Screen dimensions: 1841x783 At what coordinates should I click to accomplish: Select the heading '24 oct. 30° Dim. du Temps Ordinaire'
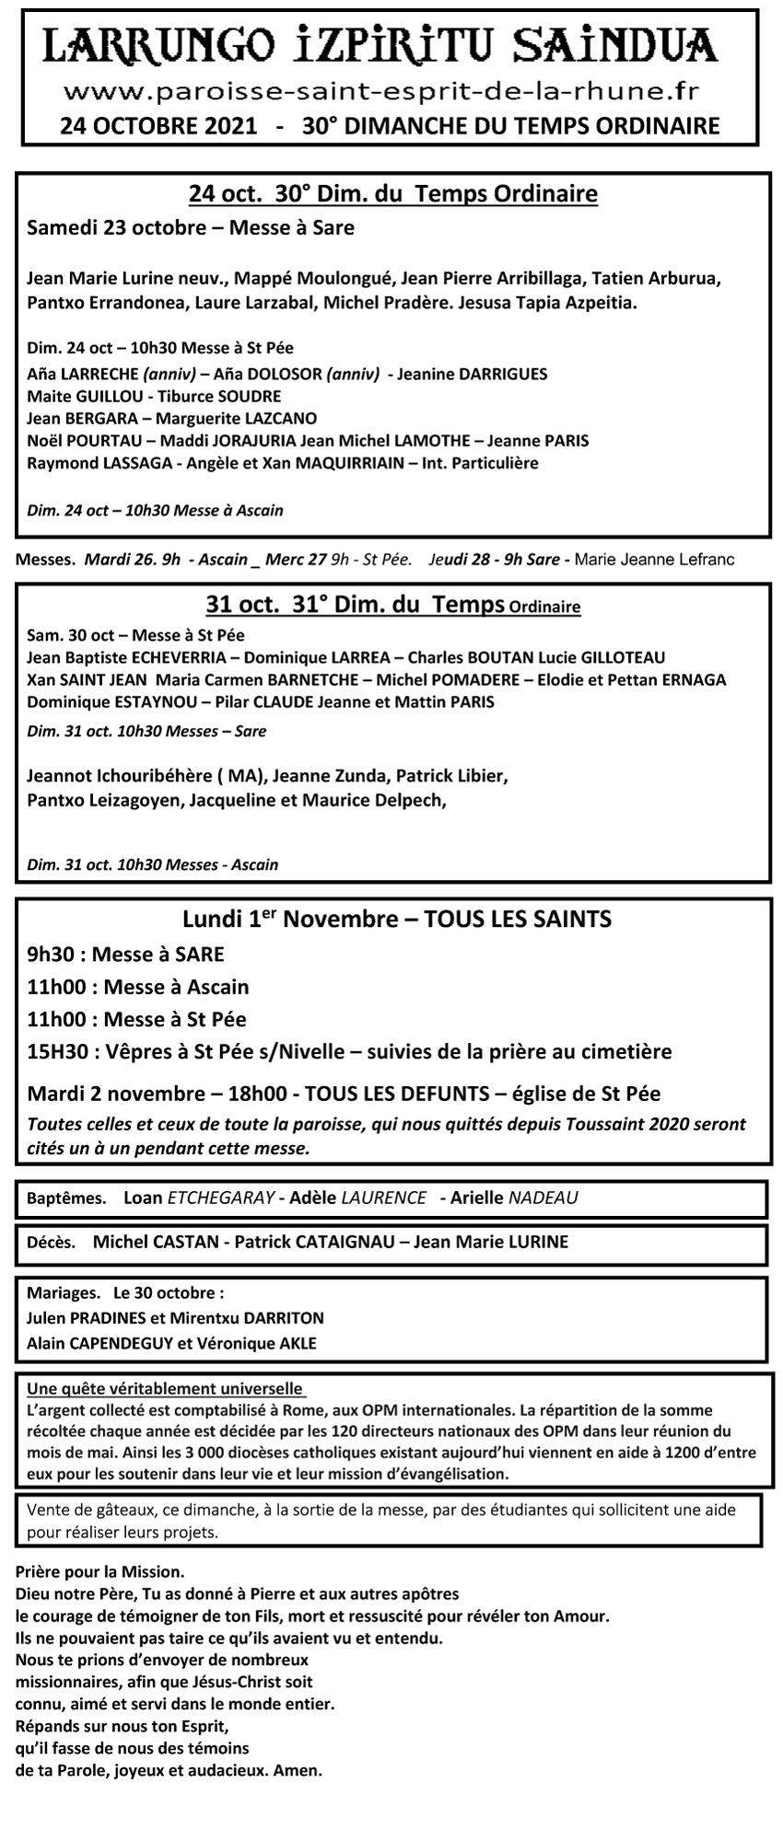392,194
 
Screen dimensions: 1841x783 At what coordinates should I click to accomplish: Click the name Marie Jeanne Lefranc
653,559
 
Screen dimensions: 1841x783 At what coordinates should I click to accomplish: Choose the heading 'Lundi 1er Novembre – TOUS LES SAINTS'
397,919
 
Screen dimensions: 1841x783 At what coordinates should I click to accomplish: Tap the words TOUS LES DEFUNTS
396,1094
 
